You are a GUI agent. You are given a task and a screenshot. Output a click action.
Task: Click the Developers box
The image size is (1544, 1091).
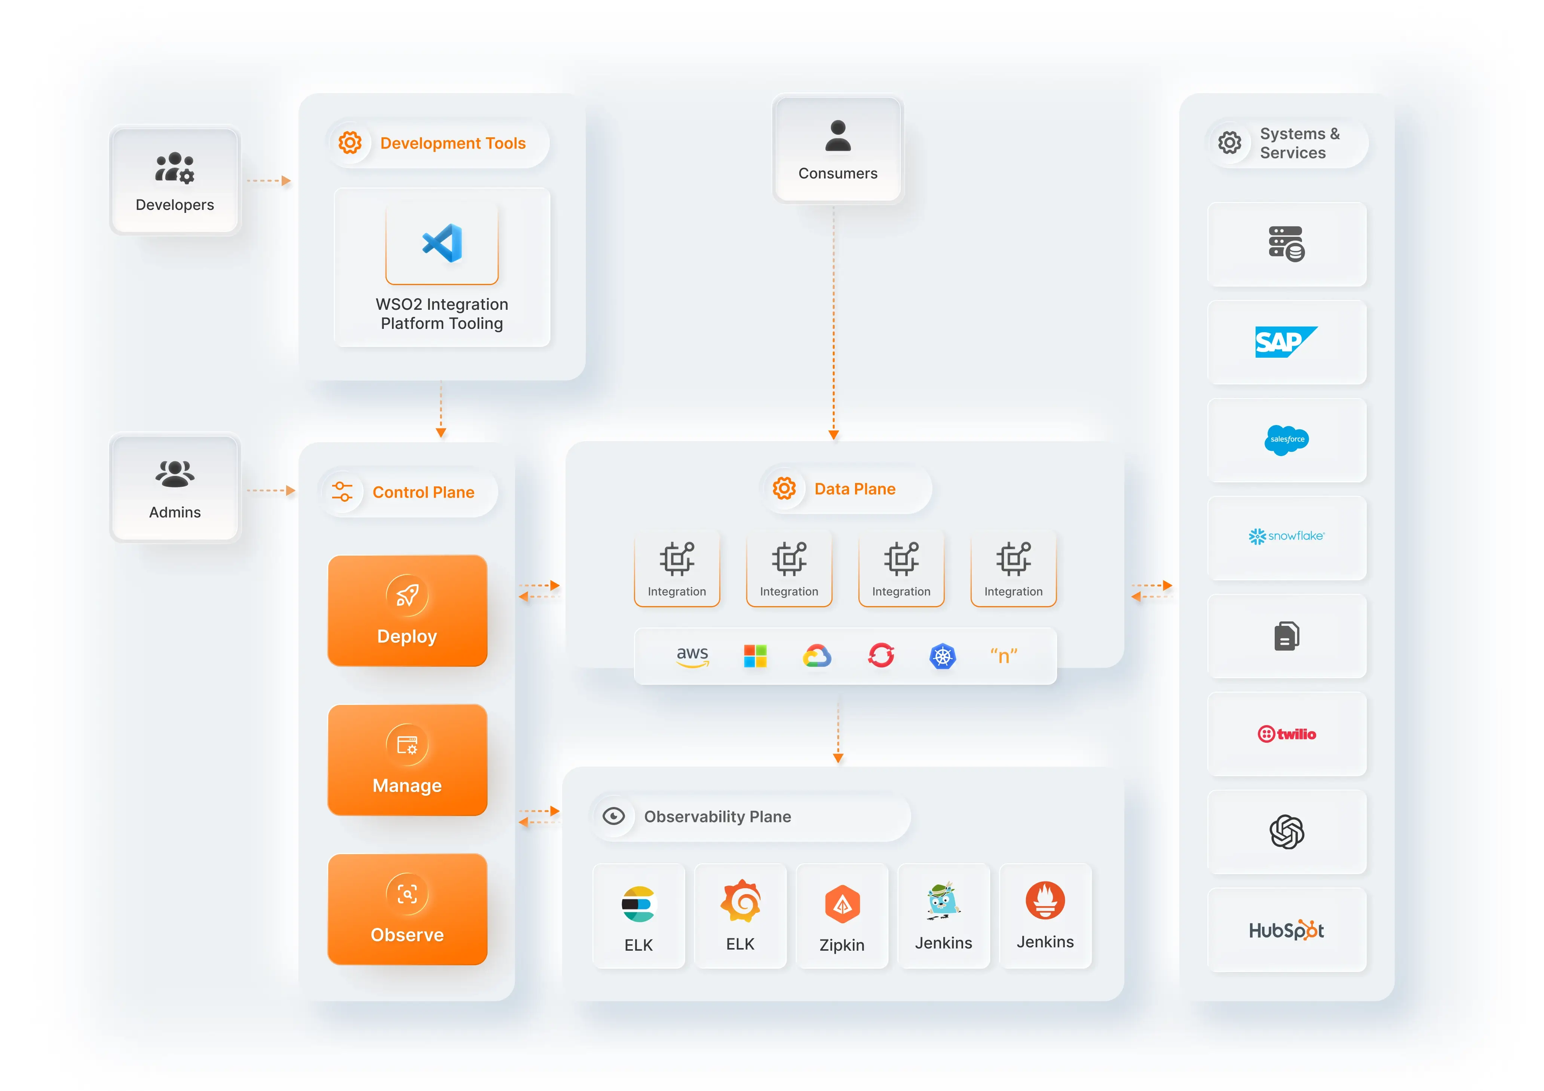point(175,180)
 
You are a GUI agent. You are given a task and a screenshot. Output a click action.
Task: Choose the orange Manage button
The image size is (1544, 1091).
point(407,760)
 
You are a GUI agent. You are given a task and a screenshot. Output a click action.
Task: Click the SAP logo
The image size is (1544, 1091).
point(1286,342)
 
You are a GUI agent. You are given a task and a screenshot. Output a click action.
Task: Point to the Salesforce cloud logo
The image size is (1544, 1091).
point(1286,440)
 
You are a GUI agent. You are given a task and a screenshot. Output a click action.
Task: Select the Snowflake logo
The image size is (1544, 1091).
point(1286,536)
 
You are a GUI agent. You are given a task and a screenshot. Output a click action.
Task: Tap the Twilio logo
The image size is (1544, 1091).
point(1286,734)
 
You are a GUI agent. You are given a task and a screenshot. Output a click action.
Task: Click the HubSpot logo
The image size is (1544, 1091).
point(1286,930)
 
